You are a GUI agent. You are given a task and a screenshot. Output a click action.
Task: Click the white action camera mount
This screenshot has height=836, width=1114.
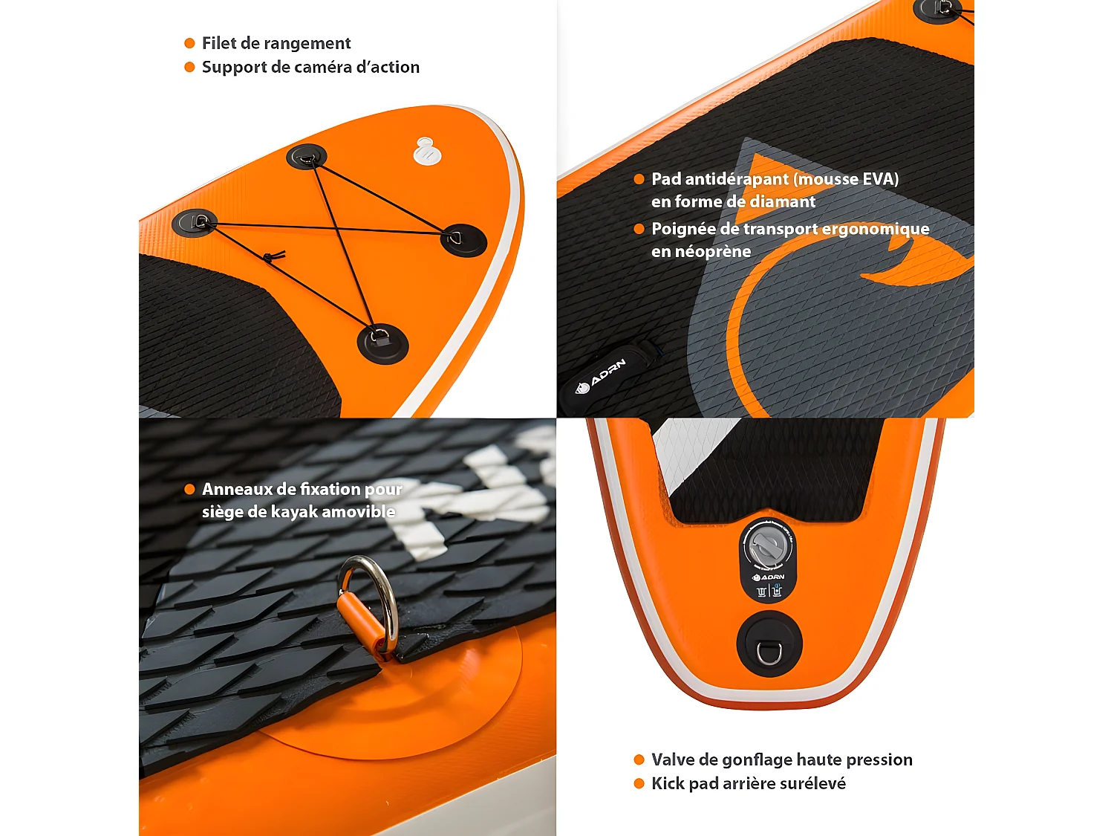[x=427, y=152]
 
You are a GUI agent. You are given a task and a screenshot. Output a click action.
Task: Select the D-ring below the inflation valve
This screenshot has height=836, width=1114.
[x=769, y=652]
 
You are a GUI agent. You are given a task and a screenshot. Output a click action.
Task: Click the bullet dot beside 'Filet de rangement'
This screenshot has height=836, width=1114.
[x=189, y=43]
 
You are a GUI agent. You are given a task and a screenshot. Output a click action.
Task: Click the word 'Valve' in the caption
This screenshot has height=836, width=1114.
[x=674, y=759]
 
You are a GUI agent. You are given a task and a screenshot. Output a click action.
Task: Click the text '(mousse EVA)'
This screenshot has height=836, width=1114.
[x=846, y=179]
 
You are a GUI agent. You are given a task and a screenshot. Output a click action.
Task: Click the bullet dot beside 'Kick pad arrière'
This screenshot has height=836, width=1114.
[x=639, y=783]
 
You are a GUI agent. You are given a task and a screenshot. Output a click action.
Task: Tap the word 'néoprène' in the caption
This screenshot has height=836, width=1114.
[x=701, y=252]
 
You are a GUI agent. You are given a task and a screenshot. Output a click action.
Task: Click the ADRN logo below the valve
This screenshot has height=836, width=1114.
[x=769, y=577]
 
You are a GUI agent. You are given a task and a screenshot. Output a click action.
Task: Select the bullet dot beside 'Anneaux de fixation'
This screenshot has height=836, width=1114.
[x=189, y=489]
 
